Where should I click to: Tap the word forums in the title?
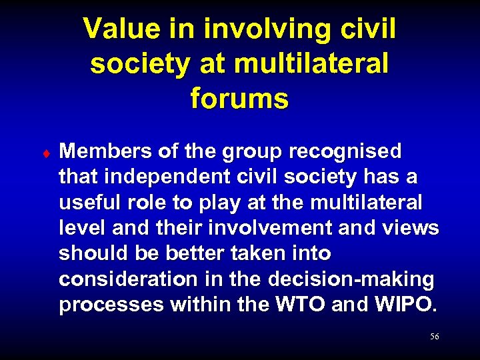click(239, 99)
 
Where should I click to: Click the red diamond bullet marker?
click(45, 153)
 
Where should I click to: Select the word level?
click(82, 228)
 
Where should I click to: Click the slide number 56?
click(434, 337)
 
